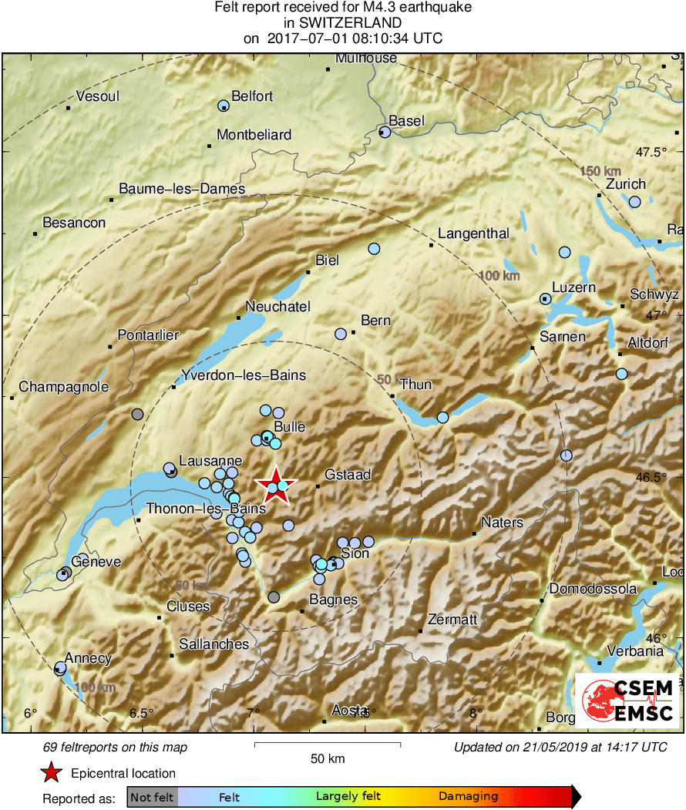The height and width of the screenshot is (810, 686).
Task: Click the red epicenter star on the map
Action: [275, 485]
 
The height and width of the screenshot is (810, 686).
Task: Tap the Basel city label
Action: [406, 121]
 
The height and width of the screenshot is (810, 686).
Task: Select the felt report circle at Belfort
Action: [224, 106]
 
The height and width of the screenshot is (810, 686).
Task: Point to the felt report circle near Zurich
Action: [634, 202]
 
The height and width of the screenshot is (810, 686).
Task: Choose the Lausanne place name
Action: [210, 461]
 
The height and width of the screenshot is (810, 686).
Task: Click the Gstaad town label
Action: [348, 475]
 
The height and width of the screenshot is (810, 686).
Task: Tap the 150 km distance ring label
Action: [600, 170]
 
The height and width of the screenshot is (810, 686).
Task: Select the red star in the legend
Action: [51, 773]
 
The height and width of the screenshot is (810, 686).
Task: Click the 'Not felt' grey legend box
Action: [152, 796]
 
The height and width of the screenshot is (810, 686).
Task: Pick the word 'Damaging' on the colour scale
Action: [469, 796]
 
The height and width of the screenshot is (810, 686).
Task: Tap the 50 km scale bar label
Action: [327, 758]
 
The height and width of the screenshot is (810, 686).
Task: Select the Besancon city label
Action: [74, 223]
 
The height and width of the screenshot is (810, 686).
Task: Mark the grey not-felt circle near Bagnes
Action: [274, 597]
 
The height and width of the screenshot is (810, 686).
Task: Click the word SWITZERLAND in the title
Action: [343, 23]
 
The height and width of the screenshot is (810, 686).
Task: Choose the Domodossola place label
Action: [593, 589]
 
